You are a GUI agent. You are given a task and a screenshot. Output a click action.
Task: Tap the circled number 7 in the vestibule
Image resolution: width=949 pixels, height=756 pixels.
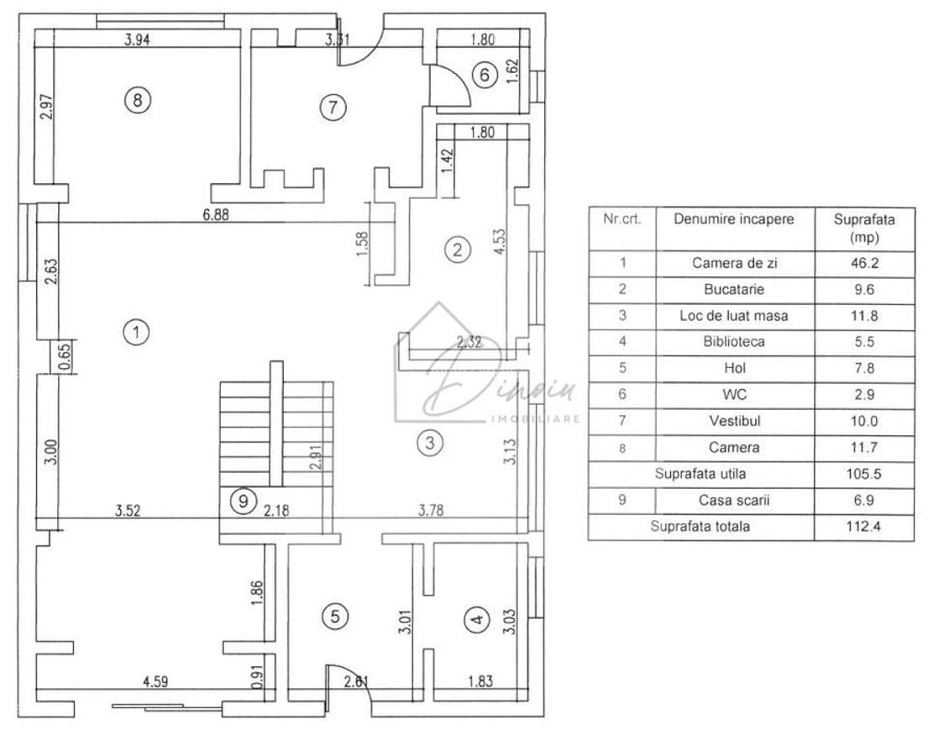click(x=333, y=107)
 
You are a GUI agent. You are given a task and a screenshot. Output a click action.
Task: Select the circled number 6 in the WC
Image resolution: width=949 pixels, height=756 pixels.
click(x=485, y=74)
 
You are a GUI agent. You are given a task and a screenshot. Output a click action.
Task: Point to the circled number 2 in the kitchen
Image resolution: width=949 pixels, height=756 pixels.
click(x=457, y=249)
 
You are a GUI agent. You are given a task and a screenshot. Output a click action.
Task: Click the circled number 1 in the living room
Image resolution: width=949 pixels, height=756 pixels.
click(x=135, y=332)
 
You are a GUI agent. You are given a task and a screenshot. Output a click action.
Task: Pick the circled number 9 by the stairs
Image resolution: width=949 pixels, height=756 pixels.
click(x=243, y=501)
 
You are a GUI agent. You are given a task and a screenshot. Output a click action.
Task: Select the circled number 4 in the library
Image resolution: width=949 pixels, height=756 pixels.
click(x=476, y=621)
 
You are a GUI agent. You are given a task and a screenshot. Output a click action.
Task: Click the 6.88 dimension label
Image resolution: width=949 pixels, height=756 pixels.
click(x=216, y=214)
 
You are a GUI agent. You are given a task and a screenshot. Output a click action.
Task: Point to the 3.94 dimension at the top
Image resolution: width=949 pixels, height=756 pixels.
click(x=137, y=38)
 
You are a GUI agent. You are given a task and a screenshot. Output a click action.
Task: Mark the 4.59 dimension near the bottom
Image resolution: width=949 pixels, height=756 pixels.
click(x=155, y=682)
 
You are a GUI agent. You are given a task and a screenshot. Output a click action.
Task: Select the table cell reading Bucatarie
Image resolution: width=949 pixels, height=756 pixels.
click(x=734, y=289)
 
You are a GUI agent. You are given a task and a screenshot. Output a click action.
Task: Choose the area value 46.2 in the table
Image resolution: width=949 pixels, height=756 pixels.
click(x=863, y=263)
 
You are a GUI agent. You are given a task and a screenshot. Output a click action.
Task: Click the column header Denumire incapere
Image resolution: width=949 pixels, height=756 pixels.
click(x=733, y=219)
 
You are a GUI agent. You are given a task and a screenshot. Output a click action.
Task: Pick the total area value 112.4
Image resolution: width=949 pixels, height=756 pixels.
click(x=863, y=527)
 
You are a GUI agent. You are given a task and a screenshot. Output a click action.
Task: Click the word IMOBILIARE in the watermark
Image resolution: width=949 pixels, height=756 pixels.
click(x=534, y=418)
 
